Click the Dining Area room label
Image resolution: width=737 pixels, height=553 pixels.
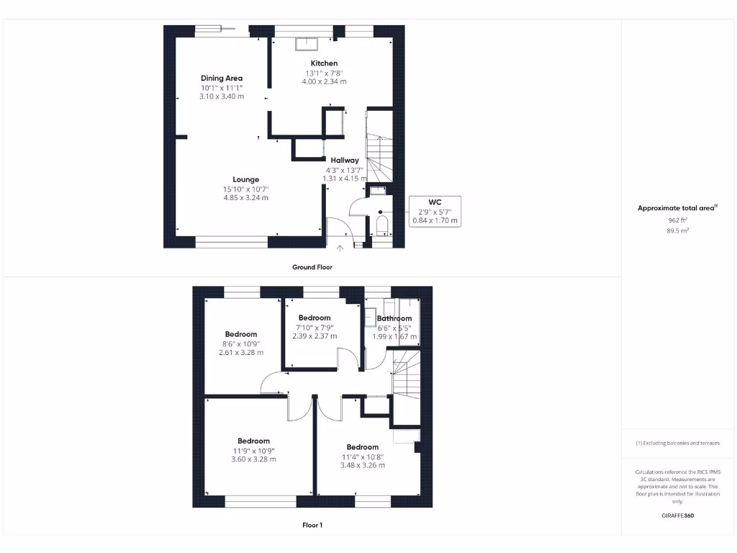click(x=222, y=78)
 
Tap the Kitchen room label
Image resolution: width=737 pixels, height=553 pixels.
click(x=324, y=63)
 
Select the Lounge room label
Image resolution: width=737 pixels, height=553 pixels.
click(x=245, y=179)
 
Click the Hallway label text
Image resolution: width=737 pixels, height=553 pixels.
click(x=345, y=160)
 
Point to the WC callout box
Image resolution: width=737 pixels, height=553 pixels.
click(x=435, y=211)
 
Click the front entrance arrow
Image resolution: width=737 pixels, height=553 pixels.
click(x=340, y=248)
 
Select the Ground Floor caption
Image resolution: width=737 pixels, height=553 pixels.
click(x=312, y=267)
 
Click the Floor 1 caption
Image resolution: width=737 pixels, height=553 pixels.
click(x=312, y=525)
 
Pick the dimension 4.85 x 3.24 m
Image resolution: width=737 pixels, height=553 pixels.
click(x=245, y=197)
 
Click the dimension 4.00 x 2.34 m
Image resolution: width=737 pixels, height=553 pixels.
click(x=324, y=81)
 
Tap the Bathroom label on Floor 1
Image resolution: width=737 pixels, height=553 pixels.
click(x=394, y=318)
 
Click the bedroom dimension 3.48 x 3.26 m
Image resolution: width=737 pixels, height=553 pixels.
click(x=362, y=464)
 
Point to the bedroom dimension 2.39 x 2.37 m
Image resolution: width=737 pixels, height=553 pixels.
click(x=315, y=336)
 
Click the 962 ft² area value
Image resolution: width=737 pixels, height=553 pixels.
click(x=678, y=220)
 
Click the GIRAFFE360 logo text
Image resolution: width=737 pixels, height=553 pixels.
click(x=678, y=516)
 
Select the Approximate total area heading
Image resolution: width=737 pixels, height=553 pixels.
click(x=677, y=208)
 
